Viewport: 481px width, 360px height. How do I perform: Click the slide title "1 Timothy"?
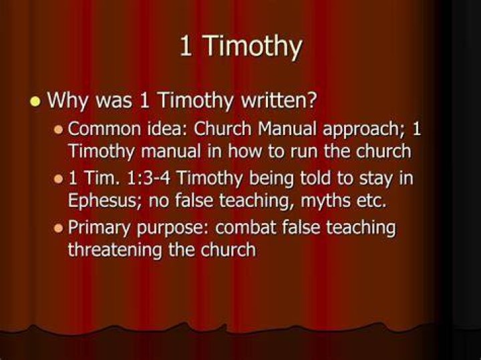tap(240, 46)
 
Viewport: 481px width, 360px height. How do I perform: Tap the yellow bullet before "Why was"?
tap(35, 101)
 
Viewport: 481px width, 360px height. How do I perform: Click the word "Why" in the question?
tap(67, 101)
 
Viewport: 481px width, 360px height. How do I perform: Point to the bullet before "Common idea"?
tap(58, 130)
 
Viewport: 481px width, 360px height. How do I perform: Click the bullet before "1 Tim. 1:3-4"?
tap(58, 179)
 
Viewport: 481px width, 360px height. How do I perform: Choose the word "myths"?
tap(325, 202)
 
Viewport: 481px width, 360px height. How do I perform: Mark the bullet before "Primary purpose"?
tap(58, 228)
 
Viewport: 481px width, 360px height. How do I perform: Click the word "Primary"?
tap(100, 228)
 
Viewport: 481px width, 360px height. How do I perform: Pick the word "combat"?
tap(245, 227)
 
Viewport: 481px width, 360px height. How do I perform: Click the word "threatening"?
tap(115, 250)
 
